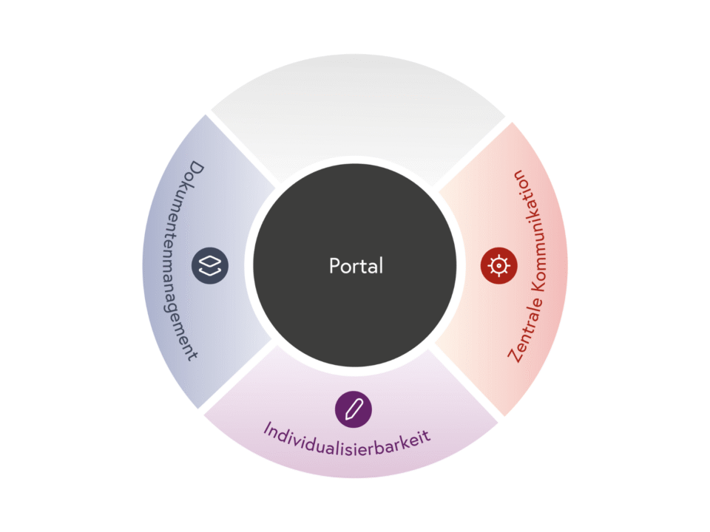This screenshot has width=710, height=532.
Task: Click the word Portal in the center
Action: click(356, 266)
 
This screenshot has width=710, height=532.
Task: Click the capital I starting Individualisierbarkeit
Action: click(266, 427)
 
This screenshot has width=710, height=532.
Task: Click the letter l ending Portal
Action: click(381, 265)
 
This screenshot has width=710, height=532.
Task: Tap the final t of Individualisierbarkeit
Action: click(427, 436)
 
